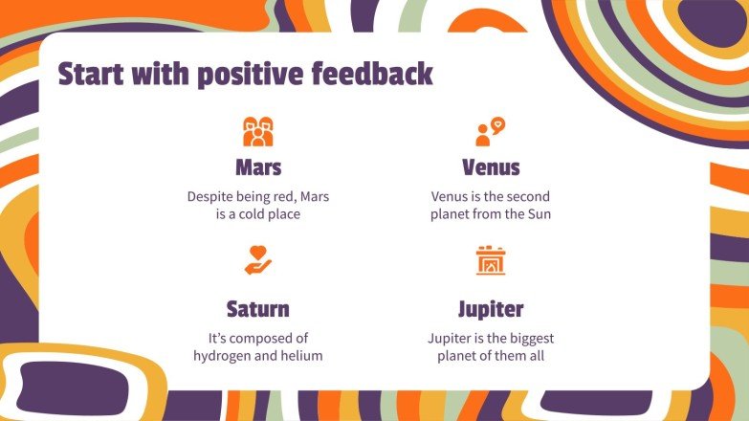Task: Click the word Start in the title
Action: [91, 74]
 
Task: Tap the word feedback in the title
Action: [373, 74]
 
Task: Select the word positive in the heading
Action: [251, 75]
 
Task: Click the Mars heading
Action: [258, 167]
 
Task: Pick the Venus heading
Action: [491, 167]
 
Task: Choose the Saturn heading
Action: [258, 309]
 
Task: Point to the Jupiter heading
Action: [491, 310]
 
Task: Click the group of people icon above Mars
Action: [258, 131]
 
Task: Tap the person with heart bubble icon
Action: [490, 131]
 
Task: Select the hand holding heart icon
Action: [258, 260]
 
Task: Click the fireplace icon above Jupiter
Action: [491, 260]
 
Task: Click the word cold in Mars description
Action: [251, 214]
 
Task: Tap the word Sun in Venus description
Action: [540, 214]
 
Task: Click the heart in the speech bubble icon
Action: [497, 123]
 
